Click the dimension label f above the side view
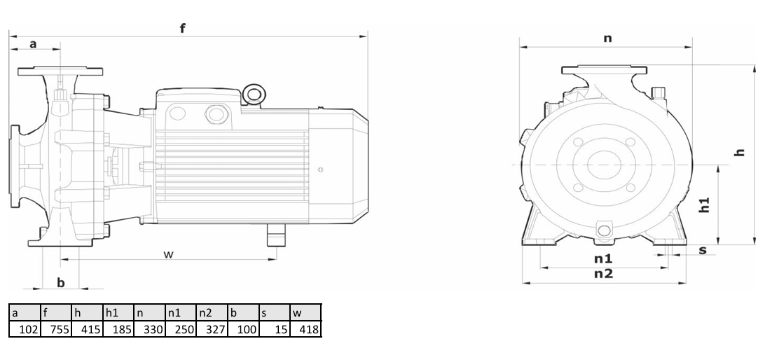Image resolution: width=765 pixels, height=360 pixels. pos(182,28)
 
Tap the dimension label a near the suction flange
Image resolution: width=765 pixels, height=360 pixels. pos(33,44)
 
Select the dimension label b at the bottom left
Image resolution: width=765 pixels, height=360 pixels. pos(61,282)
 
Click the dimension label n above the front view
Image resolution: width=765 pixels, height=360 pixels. pos(607,38)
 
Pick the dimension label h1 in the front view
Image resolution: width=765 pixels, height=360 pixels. pos(704,205)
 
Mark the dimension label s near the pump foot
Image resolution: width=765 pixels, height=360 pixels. pos(703,250)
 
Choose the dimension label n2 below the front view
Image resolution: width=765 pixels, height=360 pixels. pos(603,274)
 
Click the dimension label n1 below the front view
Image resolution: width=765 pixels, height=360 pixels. pos(603,258)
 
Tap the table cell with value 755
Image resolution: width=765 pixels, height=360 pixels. pos(55,329)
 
